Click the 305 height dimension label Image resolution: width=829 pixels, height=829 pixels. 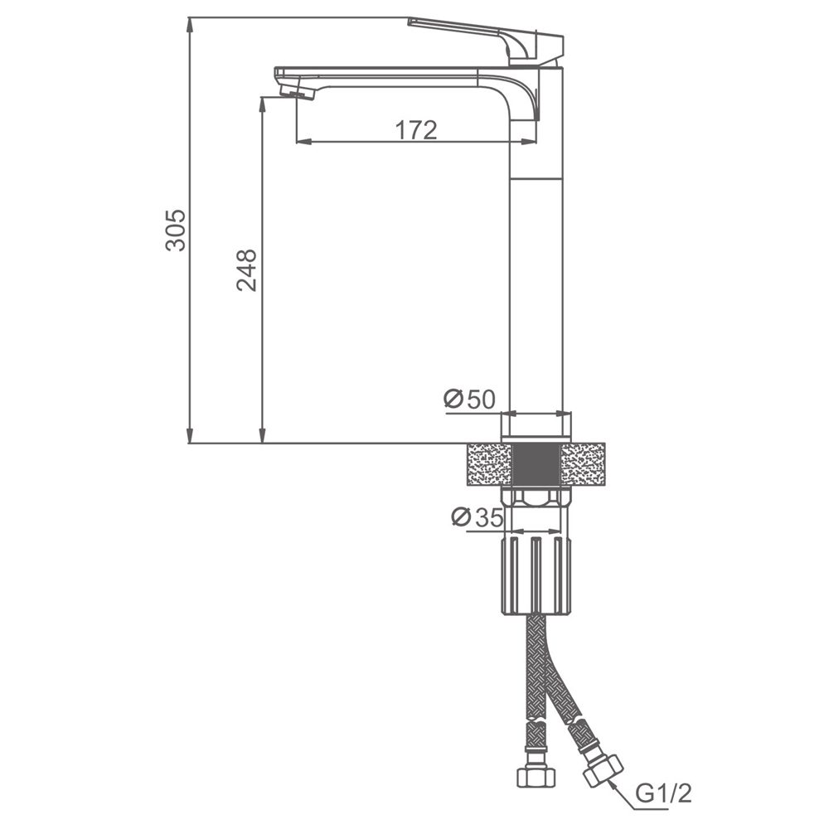point(176,230)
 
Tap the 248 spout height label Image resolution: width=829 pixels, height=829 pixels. point(247,270)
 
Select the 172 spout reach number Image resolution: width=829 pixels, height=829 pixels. point(417,130)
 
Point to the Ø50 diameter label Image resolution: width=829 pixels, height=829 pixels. point(469,400)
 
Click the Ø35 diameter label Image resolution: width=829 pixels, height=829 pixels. point(478,517)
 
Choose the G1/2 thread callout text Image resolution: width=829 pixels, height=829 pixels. point(663,793)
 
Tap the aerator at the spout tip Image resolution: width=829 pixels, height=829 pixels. point(297,94)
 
